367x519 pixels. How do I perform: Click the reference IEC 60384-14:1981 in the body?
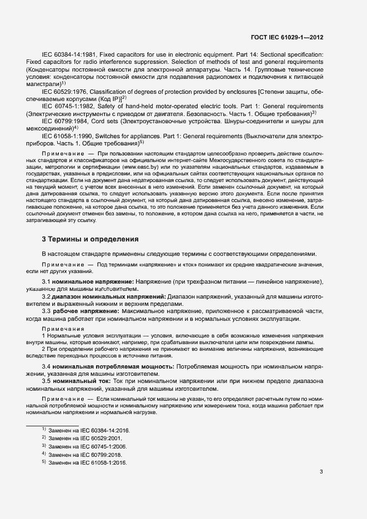[68, 56]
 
